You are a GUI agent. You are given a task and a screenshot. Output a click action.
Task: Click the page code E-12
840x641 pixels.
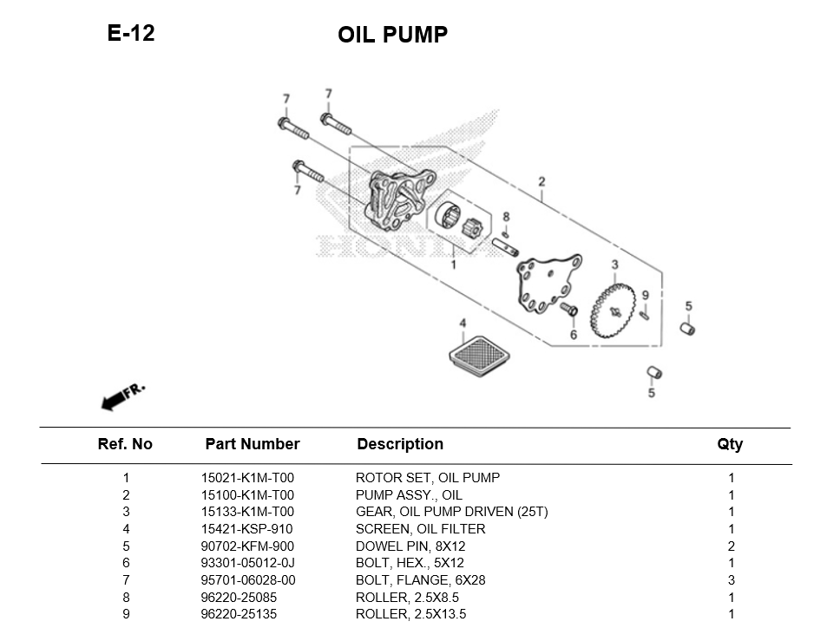(131, 34)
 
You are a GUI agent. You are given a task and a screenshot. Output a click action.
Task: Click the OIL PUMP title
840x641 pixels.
(392, 35)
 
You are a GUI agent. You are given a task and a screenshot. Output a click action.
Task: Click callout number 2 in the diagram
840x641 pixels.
(541, 182)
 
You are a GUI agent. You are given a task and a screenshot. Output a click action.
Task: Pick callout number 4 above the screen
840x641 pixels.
(463, 324)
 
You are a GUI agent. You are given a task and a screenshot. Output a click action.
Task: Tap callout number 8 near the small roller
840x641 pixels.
(506, 217)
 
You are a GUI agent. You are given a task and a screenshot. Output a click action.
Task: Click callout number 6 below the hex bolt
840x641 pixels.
(574, 334)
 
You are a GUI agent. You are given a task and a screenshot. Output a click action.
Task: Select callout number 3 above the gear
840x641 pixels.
(614, 265)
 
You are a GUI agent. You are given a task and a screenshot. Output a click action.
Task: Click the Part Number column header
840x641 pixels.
(252, 444)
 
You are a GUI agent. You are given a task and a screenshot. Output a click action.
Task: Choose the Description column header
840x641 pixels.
(400, 444)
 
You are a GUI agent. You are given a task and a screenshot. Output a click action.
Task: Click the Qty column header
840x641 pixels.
(730, 444)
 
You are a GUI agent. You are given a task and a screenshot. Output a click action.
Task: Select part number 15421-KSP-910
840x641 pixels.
(246, 529)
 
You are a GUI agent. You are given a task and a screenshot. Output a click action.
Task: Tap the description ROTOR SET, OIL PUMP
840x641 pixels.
(428, 478)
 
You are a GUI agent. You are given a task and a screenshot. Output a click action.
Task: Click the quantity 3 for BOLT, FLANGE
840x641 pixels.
(732, 580)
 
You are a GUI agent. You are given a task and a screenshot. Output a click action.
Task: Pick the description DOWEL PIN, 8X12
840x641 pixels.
(410, 546)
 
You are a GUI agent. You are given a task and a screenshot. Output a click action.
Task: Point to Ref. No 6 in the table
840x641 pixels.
(126, 563)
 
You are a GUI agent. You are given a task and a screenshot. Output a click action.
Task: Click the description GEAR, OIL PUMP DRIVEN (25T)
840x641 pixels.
(451, 512)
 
